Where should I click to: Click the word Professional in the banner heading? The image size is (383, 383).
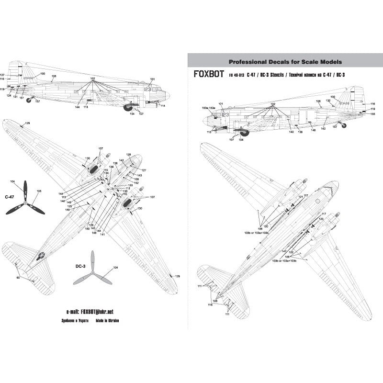coord(249,62)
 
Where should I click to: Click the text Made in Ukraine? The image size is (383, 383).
coord(108,321)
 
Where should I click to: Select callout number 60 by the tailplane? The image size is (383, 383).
coord(18,278)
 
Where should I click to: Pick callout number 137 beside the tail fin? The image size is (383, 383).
coord(2,76)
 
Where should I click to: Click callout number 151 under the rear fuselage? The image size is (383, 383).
coord(22,98)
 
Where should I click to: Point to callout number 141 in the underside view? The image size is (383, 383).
coord(102,235)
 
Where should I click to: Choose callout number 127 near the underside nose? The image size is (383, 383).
coord(144,171)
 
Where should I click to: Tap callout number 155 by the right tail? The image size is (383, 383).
coord(372,114)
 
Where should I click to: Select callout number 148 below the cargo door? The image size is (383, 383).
coord(313,130)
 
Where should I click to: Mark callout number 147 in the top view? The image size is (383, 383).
coord(284,251)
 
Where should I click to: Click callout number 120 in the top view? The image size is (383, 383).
coord(266,225)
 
